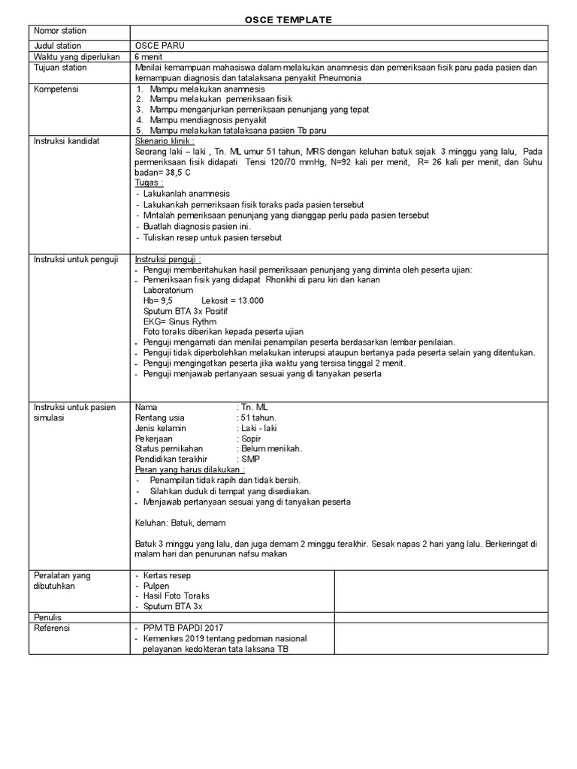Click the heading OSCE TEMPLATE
(x=289, y=20)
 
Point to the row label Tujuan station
(x=60, y=68)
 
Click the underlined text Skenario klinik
(x=165, y=140)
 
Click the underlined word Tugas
(x=148, y=182)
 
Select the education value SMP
(x=249, y=459)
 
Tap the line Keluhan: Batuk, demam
(x=180, y=523)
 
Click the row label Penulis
(x=48, y=617)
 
